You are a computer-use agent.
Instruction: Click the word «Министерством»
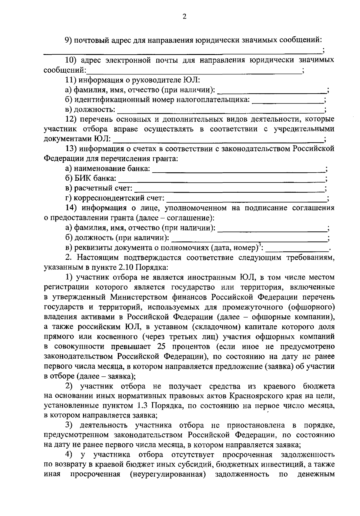[133, 297]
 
